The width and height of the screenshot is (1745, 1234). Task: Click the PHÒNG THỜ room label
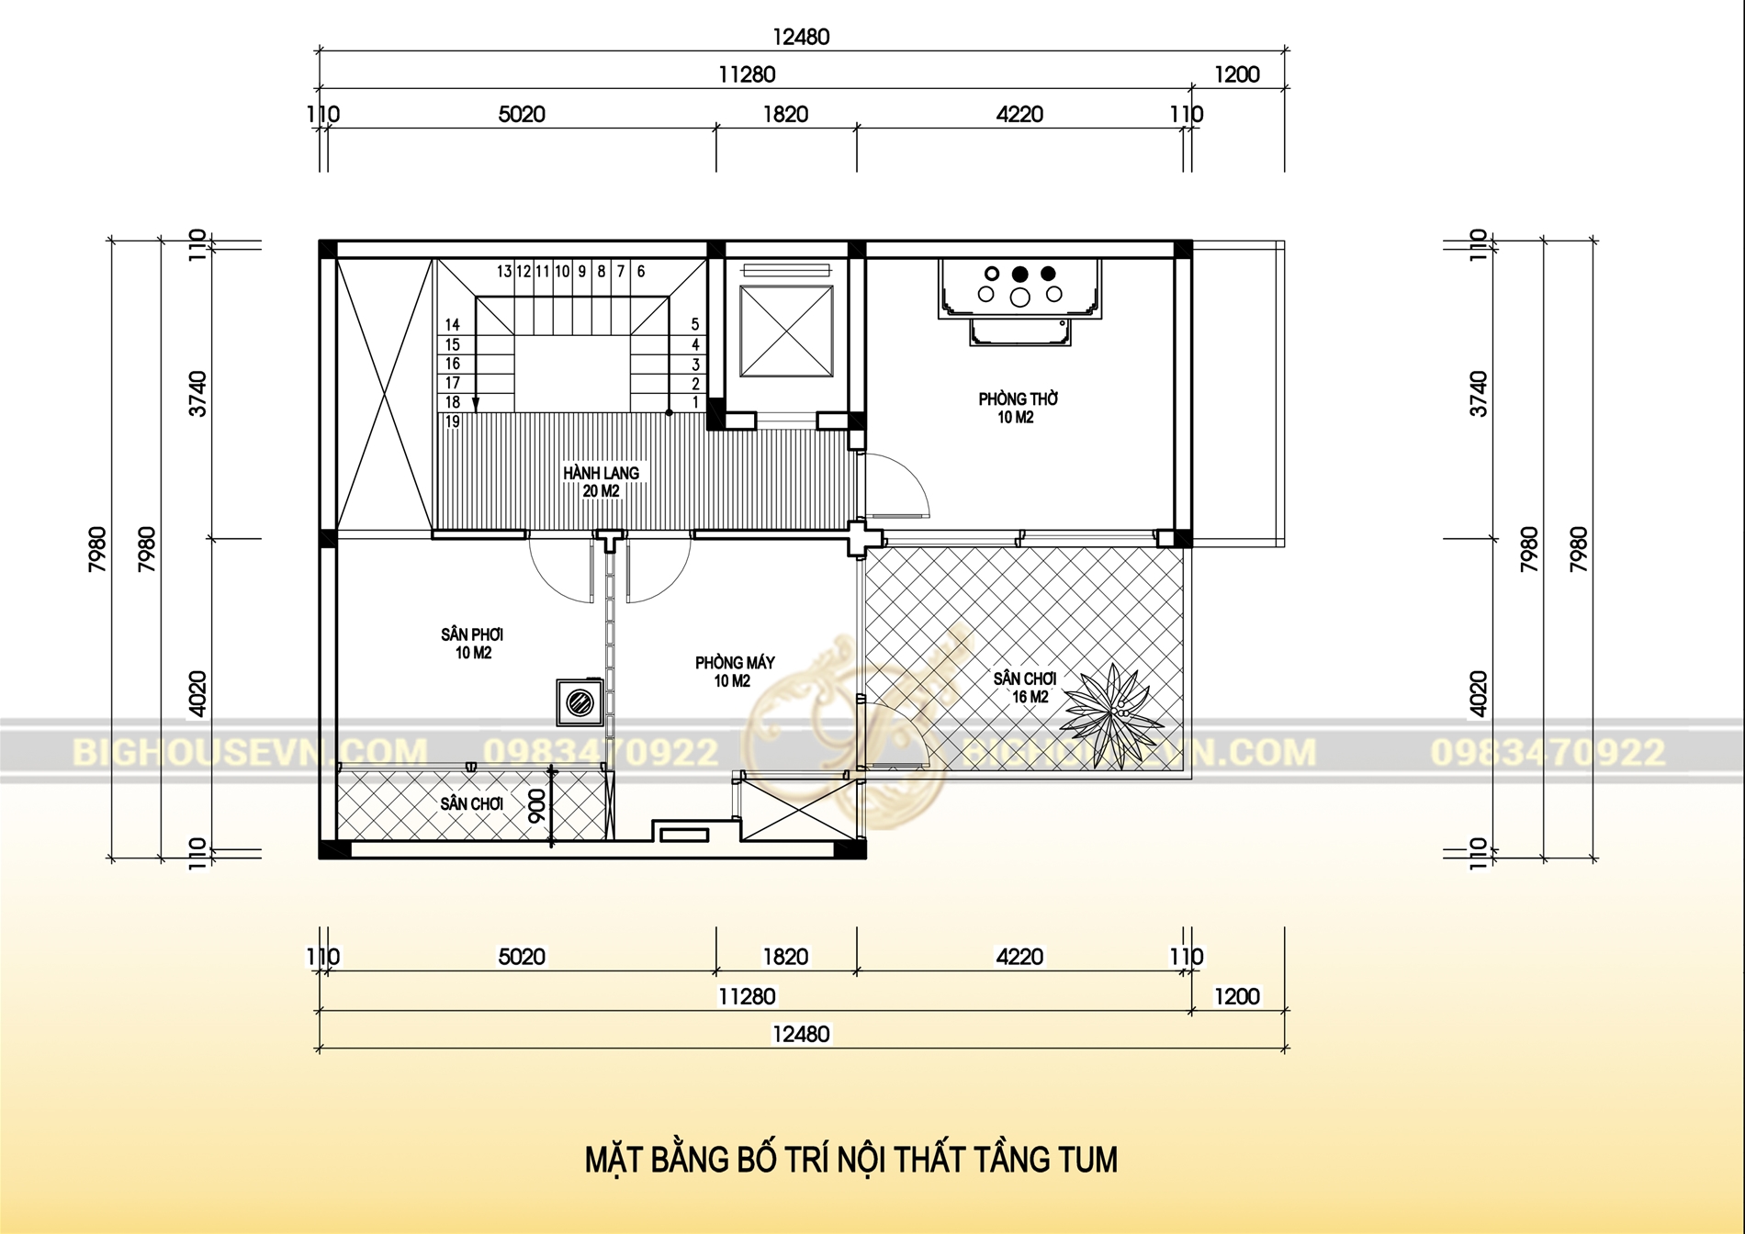tap(1018, 399)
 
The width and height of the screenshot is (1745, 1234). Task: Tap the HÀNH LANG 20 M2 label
tap(602, 481)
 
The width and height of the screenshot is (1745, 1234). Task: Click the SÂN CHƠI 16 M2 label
tap(1025, 687)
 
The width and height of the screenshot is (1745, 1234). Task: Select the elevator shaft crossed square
tap(787, 331)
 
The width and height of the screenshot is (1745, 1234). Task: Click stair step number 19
tap(453, 422)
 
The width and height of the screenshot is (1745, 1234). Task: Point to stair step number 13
tap(504, 272)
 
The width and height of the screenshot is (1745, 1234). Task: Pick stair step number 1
tap(695, 402)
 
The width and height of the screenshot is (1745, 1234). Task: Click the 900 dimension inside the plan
tap(537, 805)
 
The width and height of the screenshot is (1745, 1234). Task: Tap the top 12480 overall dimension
tap(801, 37)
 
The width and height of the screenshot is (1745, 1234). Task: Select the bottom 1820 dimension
tap(785, 957)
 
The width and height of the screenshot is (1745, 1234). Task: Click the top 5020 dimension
tap(522, 114)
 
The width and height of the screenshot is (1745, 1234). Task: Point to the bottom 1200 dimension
tap(1236, 996)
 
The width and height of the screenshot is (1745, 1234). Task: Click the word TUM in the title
tap(1088, 1160)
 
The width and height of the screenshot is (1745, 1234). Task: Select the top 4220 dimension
tap(1019, 114)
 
